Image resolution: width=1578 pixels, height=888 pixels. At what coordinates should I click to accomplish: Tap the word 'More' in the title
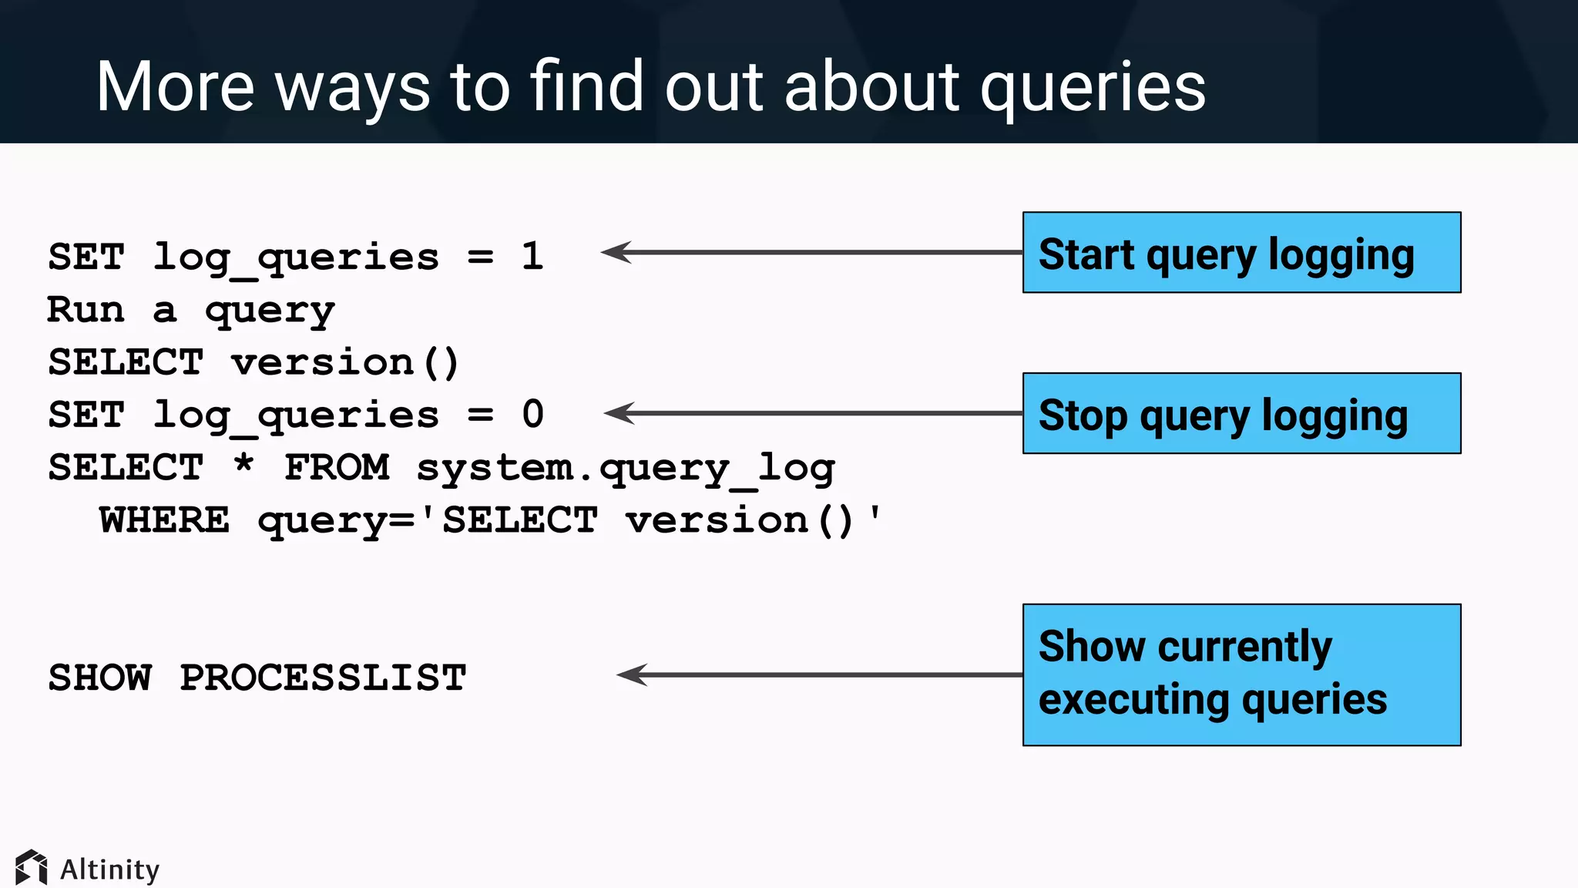tap(175, 87)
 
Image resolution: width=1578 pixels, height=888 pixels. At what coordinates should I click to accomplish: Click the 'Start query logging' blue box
tap(1241, 253)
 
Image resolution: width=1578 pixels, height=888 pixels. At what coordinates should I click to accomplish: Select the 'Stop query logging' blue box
tap(1241, 414)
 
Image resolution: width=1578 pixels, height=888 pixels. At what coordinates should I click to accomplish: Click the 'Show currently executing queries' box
tap(1241, 674)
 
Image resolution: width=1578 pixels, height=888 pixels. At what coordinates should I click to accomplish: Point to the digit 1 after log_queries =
tap(532, 256)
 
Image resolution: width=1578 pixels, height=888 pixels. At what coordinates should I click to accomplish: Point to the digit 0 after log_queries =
tap(532, 414)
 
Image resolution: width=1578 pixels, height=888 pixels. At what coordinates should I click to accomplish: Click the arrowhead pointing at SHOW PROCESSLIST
tap(630, 675)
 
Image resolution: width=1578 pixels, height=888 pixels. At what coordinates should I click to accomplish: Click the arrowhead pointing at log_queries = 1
tap(615, 252)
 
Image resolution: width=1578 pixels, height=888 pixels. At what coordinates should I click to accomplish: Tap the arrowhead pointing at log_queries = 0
tap(618, 413)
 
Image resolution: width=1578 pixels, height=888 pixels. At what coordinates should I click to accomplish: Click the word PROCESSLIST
tap(323, 678)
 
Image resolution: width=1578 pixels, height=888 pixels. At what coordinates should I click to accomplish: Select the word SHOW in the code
tap(100, 678)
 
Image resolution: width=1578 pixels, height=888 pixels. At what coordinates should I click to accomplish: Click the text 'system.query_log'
tap(625, 468)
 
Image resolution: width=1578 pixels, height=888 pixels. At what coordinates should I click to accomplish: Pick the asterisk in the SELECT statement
tap(243, 464)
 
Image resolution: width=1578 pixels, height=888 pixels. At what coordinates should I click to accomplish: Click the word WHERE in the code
tap(164, 520)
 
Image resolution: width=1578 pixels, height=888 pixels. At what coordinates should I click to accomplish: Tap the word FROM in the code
tap(337, 468)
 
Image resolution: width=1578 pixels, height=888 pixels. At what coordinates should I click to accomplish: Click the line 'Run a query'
tap(190, 310)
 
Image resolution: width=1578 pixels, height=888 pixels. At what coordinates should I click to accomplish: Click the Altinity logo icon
tap(32, 868)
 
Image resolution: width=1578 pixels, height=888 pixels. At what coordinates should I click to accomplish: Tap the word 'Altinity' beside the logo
tap(109, 869)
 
